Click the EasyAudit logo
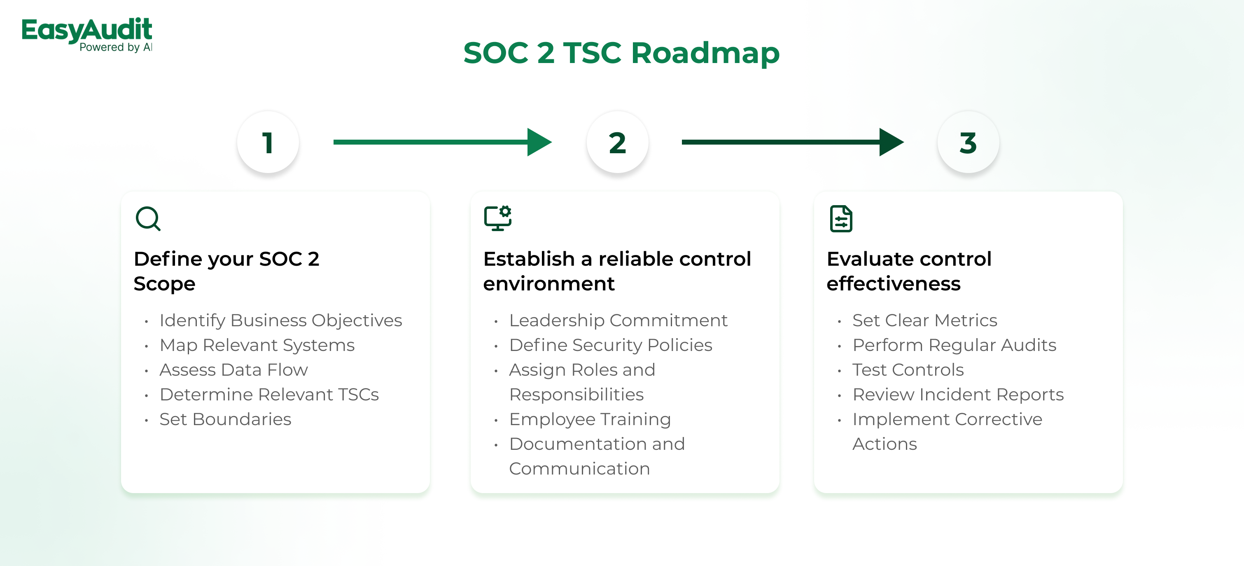pyautogui.click(x=87, y=34)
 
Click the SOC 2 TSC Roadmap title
pyautogui.click(x=621, y=53)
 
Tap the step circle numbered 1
pyautogui.click(x=268, y=143)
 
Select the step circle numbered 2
pyautogui.click(x=617, y=143)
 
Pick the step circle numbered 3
pyautogui.click(x=968, y=143)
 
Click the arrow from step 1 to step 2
pyautogui.click(x=442, y=142)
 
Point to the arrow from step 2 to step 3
pyautogui.click(x=792, y=142)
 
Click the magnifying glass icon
pyautogui.click(x=148, y=219)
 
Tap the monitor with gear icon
pyautogui.click(x=497, y=218)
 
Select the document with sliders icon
pyautogui.click(x=841, y=219)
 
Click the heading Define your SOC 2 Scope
pyautogui.click(x=226, y=271)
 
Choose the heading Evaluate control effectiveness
pyautogui.click(x=909, y=271)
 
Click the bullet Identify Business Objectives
pyautogui.click(x=280, y=320)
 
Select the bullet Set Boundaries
pyautogui.click(x=226, y=419)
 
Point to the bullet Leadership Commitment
pyautogui.click(x=618, y=320)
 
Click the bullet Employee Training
pyautogui.click(x=590, y=419)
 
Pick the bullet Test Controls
pyautogui.click(x=908, y=370)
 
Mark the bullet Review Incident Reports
pyautogui.click(x=958, y=395)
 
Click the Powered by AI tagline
pyautogui.click(x=116, y=47)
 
